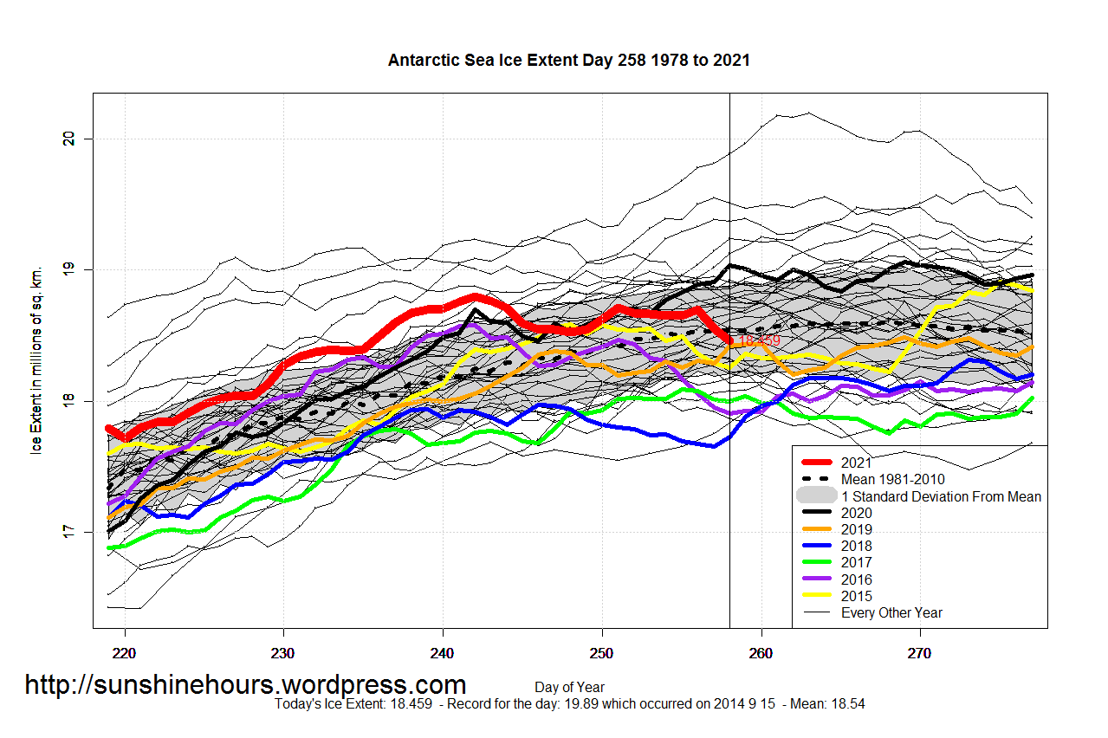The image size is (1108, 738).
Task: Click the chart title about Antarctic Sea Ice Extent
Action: pos(568,61)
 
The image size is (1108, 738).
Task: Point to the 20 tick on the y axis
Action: pos(78,139)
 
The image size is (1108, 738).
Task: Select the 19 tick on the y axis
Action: pos(78,269)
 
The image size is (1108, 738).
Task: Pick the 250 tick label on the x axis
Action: pos(602,651)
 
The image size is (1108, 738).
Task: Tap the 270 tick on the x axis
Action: pos(920,651)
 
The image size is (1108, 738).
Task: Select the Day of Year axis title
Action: pos(569,688)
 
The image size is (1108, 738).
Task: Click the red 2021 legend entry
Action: pos(856,463)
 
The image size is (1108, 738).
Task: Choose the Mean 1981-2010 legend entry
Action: pos(892,479)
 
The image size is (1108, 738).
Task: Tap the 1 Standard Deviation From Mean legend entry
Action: pos(941,496)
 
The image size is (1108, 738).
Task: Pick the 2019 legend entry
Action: pos(856,529)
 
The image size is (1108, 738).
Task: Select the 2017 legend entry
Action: pos(856,563)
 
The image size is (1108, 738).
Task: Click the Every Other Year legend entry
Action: pos(891,612)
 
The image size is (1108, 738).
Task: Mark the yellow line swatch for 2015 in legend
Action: pos(819,596)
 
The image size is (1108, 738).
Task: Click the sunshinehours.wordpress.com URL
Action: pos(245,685)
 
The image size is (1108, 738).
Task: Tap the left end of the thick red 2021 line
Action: pos(108,428)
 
